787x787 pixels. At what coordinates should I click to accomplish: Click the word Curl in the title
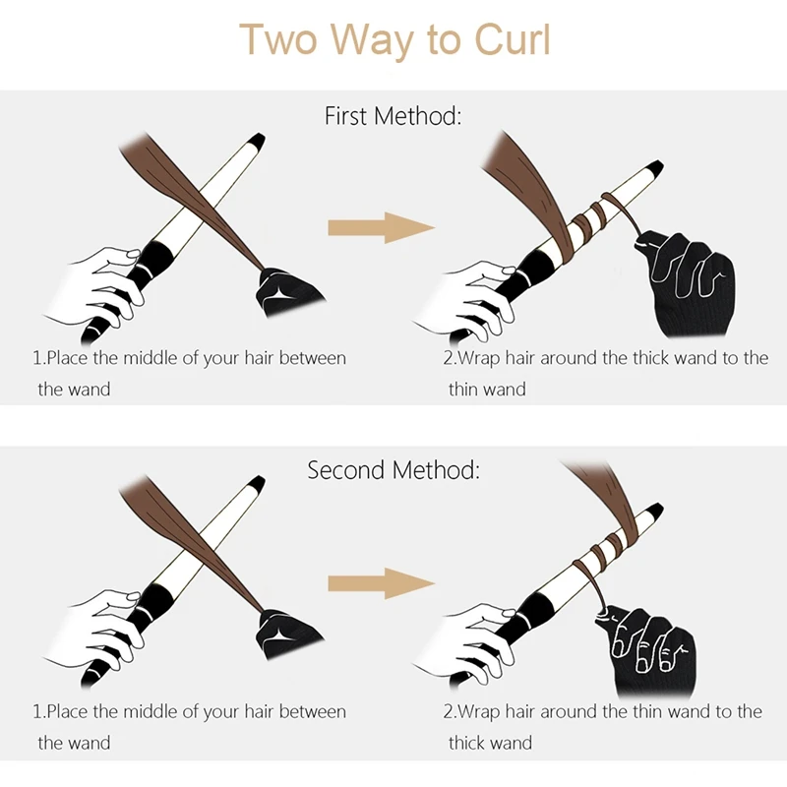513,39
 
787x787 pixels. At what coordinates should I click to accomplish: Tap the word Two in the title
278,39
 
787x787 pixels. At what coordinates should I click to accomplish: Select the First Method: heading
393,116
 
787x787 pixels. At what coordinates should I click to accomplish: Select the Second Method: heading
393,470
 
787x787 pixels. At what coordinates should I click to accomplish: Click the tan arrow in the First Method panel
381,228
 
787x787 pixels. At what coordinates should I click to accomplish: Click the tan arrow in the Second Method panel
381,583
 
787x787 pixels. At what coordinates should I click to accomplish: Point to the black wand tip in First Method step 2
653,168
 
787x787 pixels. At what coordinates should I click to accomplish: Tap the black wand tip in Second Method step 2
653,512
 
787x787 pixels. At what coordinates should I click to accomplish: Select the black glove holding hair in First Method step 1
287,292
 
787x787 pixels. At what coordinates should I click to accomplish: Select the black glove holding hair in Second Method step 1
287,634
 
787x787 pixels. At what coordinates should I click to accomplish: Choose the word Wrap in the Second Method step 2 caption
479,712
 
